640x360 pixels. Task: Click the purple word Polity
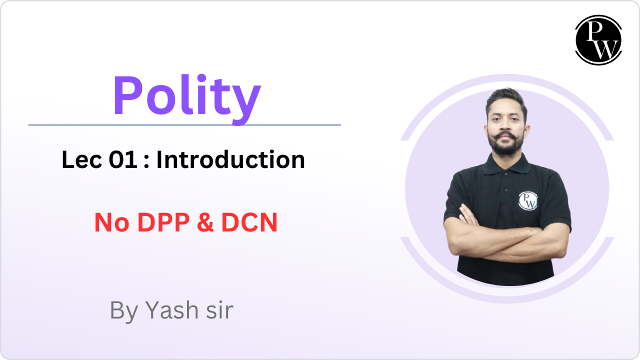coord(186,96)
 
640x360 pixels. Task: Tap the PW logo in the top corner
coord(598,40)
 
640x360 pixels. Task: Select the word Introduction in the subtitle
coord(230,160)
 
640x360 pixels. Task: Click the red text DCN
coord(249,223)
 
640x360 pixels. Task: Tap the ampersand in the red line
coord(205,223)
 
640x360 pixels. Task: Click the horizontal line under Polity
coord(184,125)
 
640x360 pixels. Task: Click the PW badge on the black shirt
coord(527,200)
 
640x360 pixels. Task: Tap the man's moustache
coord(506,136)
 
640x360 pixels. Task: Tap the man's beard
coord(506,148)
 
